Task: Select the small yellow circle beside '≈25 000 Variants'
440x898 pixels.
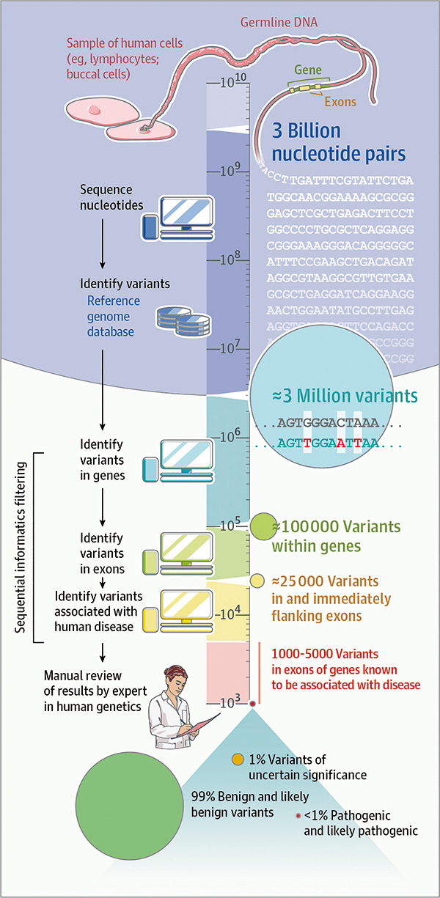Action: point(258,581)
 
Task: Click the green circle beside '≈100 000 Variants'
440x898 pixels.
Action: point(263,526)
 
